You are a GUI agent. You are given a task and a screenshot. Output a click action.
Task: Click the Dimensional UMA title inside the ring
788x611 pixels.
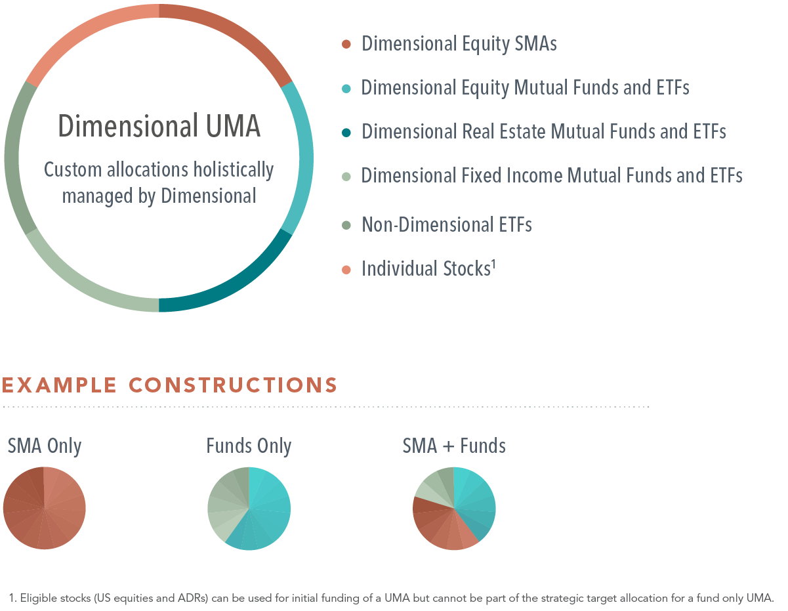coord(159,126)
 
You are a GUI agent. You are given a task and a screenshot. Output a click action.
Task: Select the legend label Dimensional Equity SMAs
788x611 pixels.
coord(459,44)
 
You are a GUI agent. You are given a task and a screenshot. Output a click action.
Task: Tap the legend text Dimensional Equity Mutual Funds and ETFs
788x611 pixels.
coord(525,87)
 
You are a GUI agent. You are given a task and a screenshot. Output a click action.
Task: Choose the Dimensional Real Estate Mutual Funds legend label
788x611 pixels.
coord(543,131)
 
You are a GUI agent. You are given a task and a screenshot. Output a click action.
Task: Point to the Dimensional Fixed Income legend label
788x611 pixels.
coord(552,175)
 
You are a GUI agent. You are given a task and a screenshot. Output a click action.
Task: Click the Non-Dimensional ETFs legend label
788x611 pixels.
coord(446,224)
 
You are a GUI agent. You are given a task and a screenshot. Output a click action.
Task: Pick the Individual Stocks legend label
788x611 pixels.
coord(426,268)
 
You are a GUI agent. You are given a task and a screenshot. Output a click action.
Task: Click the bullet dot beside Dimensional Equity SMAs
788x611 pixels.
coord(347,45)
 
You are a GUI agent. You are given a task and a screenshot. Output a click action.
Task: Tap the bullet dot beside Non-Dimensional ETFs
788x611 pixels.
coord(347,225)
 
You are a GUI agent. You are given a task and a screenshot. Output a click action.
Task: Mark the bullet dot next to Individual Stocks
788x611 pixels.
coord(347,269)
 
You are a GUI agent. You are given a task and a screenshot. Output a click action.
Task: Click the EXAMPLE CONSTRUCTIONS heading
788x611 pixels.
coord(169,385)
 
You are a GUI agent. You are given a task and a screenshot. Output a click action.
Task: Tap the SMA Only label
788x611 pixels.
coord(45,446)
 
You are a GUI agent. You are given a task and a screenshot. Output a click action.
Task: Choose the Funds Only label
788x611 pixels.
coord(249,446)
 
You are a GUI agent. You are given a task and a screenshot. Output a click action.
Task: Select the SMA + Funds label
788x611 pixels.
coord(454,446)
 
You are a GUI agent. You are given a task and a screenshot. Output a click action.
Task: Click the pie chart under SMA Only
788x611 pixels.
coord(45,508)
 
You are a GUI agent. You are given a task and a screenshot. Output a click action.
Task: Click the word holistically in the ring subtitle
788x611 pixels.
coord(233,170)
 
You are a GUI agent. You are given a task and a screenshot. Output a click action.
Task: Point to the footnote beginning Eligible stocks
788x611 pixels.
coord(392,598)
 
